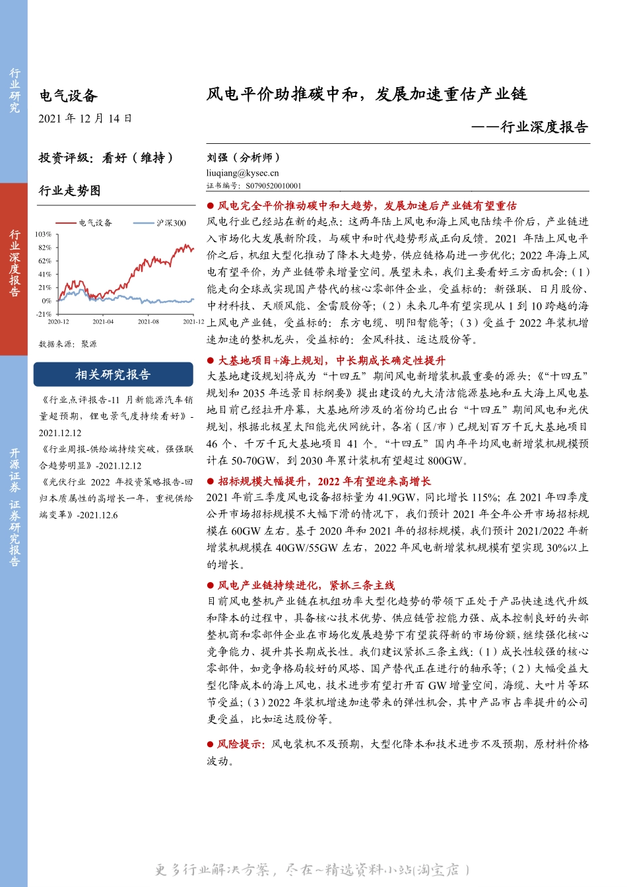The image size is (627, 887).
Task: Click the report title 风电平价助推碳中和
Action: [x=366, y=94]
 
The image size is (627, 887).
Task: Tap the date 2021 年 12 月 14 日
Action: [x=85, y=119]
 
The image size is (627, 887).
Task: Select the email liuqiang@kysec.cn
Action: [x=242, y=173]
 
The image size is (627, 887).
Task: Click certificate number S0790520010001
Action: [x=273, y=186]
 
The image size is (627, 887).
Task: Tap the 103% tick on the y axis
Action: [x=44, y=234]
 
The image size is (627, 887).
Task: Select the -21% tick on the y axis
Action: [x=44, y=314]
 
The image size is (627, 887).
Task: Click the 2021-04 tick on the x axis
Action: [x=103, y=322]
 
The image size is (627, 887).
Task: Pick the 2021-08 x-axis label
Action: [x=148, y=322]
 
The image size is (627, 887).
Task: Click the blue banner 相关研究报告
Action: [x=113, y=375]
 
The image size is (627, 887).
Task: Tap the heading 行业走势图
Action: [x=69, y=191]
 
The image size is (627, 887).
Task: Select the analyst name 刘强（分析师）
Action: [x=244, y=157]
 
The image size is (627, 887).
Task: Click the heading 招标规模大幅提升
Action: [x=324, y=481]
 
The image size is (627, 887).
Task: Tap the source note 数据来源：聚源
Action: [x=67, y=344]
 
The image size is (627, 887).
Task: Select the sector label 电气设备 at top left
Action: [x=68, y=96]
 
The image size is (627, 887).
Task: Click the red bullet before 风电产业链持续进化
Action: [x=211, y=585]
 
